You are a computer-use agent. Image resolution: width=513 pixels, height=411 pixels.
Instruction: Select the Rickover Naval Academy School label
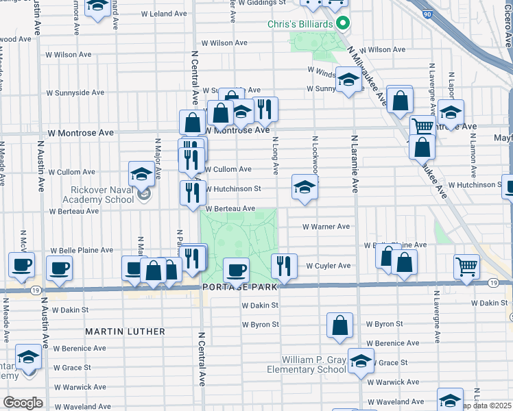click(x=101, y=195)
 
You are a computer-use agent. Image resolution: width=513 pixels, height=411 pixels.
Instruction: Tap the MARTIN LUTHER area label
click(x=125, y=332)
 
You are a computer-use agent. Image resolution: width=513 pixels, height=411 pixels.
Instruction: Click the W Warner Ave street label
click(x=327, y=226)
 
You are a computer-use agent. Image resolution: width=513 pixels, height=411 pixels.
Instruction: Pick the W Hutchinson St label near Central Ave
click(x=233, y=188)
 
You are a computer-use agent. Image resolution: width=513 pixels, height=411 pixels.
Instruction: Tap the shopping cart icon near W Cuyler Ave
click(x=466, y=266)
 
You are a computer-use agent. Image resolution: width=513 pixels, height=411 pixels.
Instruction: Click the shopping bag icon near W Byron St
click(x=339, y=325)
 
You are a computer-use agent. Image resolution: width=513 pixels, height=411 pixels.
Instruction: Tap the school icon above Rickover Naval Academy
click(x=141, y=174)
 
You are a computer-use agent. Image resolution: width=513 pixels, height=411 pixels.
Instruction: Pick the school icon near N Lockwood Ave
click(x=305, y=186)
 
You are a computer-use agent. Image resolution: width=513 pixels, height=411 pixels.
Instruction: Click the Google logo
click(x=23, y=403)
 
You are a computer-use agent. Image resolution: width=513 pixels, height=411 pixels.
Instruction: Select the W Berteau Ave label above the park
click(x=230, y=208)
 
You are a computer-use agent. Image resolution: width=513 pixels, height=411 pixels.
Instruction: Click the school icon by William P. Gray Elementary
click(x=361, y=360)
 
